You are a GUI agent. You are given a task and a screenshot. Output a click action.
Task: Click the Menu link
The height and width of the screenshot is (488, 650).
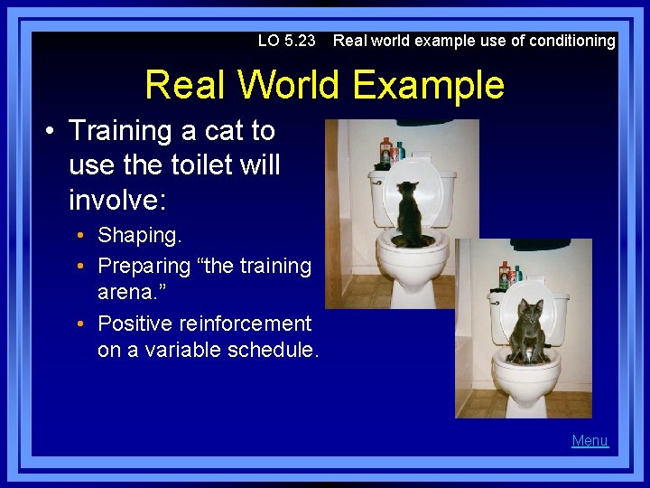coord(590,441)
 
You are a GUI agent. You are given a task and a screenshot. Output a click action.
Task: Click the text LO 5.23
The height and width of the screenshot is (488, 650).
coord(286,41)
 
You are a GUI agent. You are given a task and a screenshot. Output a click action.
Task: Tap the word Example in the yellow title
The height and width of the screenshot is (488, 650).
coord(429,85)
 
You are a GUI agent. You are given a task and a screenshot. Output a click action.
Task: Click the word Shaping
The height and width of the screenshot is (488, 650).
coord(140,235)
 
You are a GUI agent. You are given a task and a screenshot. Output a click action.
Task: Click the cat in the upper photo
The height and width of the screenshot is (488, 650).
coord(412,214)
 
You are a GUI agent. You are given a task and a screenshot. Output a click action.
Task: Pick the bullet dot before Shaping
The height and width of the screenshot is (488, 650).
coord(81,236)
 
